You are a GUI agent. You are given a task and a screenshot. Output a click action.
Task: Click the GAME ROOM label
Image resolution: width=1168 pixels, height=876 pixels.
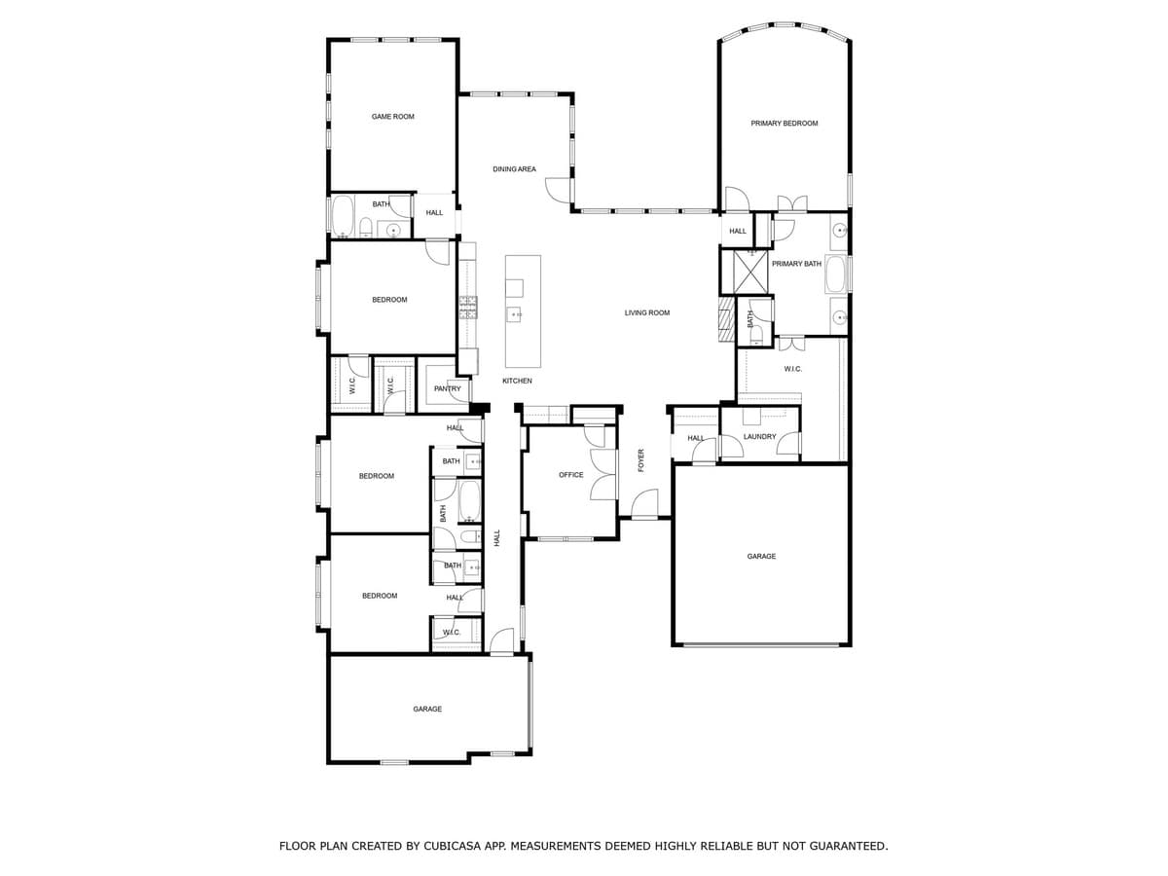click(x=392, y=117)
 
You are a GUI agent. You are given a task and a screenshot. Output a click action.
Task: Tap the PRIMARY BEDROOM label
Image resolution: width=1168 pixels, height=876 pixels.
click(x=784, y=124)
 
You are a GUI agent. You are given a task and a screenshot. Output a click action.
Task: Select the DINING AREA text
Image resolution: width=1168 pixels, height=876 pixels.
click(x=514, y=169)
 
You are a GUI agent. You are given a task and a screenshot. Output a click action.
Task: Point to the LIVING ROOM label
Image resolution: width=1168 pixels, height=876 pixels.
click(x=647, y=312)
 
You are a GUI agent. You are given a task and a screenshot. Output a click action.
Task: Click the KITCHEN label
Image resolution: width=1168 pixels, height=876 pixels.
click(x=517, y=381)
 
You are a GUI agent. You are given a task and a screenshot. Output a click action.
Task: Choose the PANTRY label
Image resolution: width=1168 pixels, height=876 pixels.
click(x=447, y=388)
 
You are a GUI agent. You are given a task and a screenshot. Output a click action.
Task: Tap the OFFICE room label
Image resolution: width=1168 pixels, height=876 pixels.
click(x=571, y=475)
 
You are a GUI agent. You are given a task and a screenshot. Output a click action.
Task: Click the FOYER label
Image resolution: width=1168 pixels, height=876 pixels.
click(x=640, y=460)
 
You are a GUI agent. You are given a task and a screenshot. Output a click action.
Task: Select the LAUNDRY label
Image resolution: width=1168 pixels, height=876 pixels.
click(x=759, y=437)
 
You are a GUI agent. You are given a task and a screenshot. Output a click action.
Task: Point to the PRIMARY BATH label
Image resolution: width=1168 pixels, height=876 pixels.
click(x=796, y=264)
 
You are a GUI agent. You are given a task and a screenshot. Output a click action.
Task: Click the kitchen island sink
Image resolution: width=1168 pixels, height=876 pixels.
click(x=514, y=314)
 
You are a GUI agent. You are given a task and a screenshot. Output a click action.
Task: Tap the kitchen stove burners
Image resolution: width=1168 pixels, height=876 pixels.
click(x=468, y=308)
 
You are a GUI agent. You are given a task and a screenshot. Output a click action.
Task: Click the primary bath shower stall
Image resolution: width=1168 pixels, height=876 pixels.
click(x=750, y=272)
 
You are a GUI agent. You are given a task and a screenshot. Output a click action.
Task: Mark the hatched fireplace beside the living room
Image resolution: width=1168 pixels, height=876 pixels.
click(x=725, y=319)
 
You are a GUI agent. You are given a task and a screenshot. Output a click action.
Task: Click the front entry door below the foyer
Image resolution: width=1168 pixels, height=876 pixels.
click(x=643, y=506)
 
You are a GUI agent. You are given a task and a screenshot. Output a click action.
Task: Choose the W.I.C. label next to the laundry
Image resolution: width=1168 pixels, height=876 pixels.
click(x=792, y=369)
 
